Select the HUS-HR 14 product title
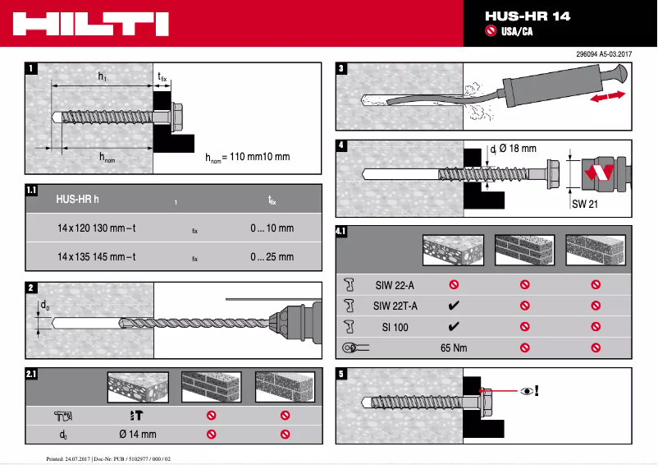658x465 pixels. coord(527,16)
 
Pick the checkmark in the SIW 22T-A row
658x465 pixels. coord(453,306)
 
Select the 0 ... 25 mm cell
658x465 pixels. coord(272,257)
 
